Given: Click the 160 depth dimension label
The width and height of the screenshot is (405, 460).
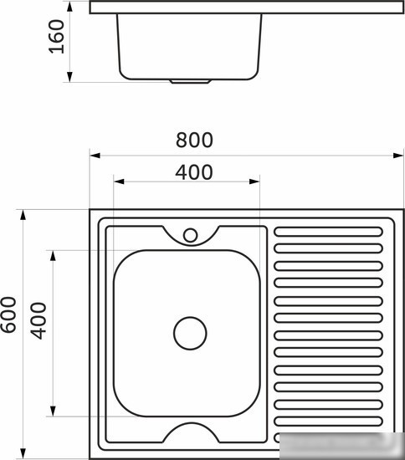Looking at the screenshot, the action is (56, 36).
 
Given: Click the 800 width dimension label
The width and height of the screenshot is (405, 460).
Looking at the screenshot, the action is (194, 140).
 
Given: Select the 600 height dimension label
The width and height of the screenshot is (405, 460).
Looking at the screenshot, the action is (8, 314).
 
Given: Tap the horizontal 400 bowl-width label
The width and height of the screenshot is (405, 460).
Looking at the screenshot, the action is (194, 172).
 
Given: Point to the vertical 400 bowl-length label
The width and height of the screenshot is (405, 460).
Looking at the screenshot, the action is (38, 320).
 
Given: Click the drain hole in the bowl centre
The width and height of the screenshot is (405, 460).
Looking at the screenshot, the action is (190, 333).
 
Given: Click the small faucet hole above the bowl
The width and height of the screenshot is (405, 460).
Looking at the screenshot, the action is (190, 235).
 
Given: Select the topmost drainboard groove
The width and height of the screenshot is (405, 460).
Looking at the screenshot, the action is (328, 232).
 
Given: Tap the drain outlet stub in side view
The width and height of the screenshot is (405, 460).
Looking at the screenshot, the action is (190, 81).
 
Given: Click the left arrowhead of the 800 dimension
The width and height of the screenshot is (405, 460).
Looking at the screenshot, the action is (95, 156).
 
